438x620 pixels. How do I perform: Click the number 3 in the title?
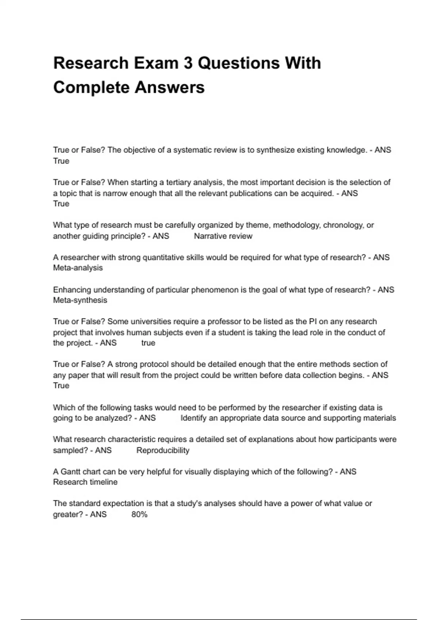[188, 63]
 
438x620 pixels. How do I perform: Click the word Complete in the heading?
[92, 88]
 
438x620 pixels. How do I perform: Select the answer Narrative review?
[223, 236]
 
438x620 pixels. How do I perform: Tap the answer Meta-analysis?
[78, 268]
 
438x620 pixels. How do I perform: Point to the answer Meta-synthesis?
[80, 301]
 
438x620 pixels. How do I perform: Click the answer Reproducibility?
[163, 450]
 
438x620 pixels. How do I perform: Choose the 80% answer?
[139, 515]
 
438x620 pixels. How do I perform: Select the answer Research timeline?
[85, 482]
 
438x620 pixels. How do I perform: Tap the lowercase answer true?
[148, 343]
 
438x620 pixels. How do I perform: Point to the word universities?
[151, 322]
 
